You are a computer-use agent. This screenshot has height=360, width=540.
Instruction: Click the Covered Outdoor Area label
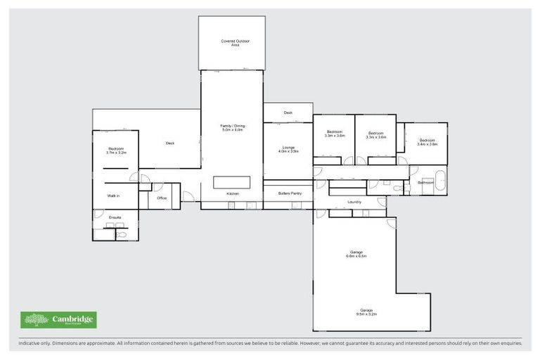[236, 43]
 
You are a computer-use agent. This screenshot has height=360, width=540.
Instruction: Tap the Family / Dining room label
[231, 128]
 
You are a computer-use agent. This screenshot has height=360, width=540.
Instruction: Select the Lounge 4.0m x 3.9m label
[288, 150]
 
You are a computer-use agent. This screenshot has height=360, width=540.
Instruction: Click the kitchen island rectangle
[231, 182]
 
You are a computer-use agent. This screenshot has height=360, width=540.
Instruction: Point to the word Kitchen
[233, 193]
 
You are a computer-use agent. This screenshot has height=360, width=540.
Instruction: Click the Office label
[162, 198]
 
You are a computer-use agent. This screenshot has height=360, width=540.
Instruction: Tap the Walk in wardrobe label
[113, 195]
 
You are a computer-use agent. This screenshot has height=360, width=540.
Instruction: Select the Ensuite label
[115, 217]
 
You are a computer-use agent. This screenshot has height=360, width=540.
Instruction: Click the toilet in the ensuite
[121, 234]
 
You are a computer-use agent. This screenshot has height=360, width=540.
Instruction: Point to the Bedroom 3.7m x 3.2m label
[115, 150]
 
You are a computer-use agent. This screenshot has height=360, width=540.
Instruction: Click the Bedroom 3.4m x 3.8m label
[427, 142]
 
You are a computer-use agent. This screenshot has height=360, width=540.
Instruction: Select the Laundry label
[354, 202]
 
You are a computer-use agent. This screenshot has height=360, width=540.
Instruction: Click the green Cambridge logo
[58, 321]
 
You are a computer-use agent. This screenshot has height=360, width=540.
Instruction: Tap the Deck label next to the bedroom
[170, 143]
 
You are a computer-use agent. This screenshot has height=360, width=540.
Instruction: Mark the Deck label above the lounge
[288, 112]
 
